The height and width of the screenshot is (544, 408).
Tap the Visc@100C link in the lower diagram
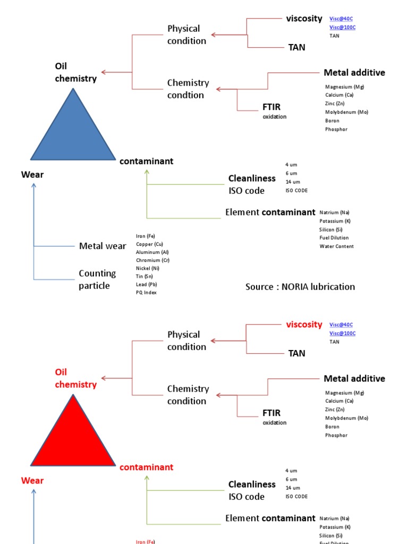click(x=342, y=333)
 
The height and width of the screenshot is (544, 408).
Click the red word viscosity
click(x=304, y=324)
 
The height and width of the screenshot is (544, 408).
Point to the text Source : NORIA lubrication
click(x=300, y=287)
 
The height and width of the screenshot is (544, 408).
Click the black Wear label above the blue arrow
click(x=32, y=175)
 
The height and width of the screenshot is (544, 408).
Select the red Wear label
click(x=32, y=481)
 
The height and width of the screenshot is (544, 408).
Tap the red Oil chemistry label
click(x=75, y=378)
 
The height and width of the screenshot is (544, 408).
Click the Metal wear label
click(x=103, y=246)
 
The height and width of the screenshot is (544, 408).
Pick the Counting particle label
click(x=97, y=279)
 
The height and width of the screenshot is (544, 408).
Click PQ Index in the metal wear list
click(x=146, y=293)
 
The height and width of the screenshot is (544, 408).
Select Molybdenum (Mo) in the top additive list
click(x=346, y=112)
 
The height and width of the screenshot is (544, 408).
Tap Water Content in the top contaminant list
click(x=336, y=246)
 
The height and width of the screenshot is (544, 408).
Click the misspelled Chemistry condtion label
click(x=188, y=89)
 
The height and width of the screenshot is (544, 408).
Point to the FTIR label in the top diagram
click(x=271, y=107)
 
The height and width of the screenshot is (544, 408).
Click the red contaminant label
click(x=146, y=467)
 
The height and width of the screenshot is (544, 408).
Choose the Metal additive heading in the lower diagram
click(x=354, y=379)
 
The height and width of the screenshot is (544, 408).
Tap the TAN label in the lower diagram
click(x=296, y=353)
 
